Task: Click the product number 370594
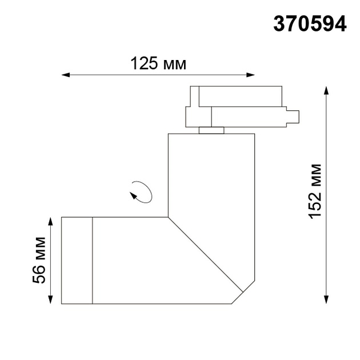click(310, 23)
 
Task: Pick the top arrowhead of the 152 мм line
click(326, 90)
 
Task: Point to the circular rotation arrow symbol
click(141, 191)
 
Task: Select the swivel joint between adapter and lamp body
click(211, 130)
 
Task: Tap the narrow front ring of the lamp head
click(77, 260)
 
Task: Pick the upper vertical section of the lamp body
click(211, 171)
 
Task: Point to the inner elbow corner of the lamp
click(169, 217)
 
